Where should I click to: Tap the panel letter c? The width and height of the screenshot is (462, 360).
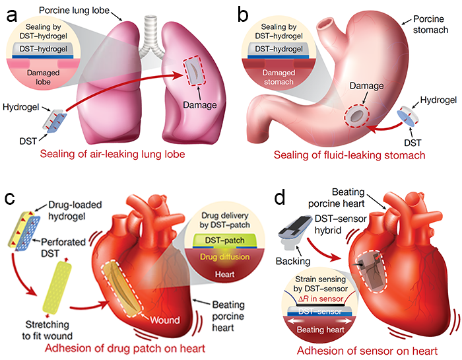[x=11, y=198]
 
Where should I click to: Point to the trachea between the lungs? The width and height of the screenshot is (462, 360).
[x=156, y=40]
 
